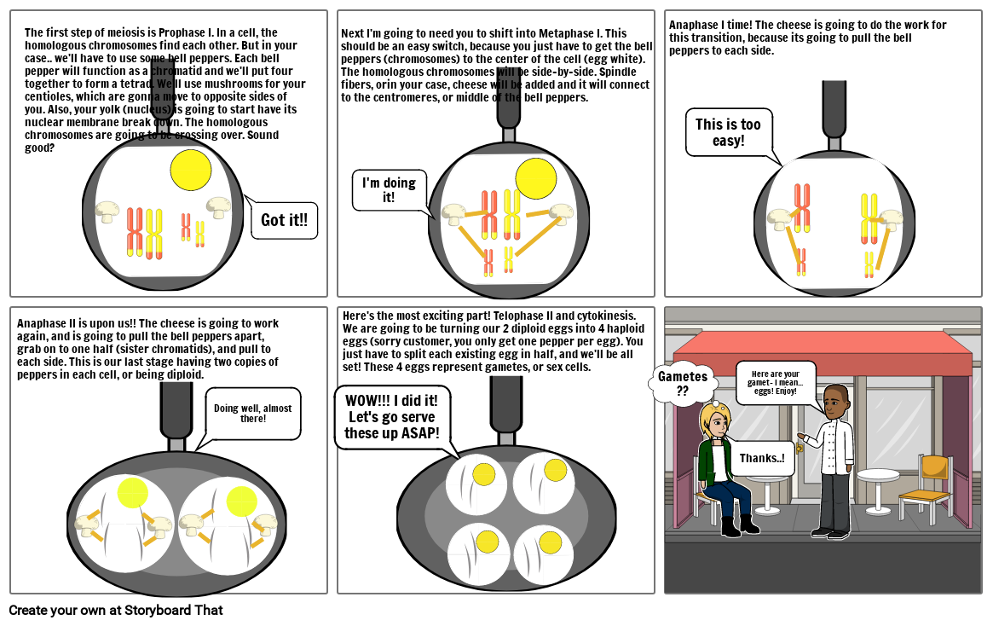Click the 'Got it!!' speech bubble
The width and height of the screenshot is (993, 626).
coord(284,220)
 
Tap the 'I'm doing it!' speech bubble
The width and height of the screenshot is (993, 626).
coord(388,189)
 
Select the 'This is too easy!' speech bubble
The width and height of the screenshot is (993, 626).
coord(728,132)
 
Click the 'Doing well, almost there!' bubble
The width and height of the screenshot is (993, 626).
coord(252,414)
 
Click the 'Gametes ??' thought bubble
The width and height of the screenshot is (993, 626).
coord(682,383)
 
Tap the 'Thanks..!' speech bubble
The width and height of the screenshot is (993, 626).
coord(761,458)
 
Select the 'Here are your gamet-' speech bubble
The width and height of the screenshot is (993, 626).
coord(775,382)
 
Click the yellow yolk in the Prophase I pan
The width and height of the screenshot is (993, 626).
coord(190,170)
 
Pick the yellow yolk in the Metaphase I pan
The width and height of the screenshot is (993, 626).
coord(536,178)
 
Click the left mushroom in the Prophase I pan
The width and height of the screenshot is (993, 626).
coord(107,212)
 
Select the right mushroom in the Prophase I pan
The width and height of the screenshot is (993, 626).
coord(219,206)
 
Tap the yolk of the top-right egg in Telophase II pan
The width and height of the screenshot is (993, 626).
coord(555,470)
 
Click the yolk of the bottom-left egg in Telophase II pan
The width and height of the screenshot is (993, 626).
coord(487,542)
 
